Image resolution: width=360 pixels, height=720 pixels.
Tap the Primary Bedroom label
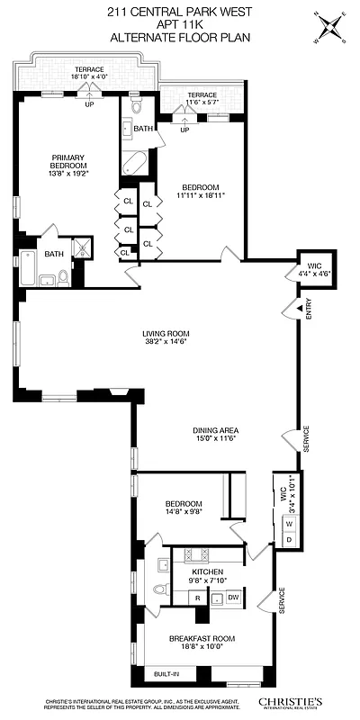[x=67, y=166]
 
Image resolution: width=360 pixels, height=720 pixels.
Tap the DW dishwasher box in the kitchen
[x=232, y=598]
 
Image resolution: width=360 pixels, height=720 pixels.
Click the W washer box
[x=289, y=523]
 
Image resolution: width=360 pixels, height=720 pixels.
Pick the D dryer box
[x=289, y=538]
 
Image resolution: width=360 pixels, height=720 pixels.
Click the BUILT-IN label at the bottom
[x=166, y=673]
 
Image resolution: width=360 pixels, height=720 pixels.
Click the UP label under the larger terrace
[x=89, y=103]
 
